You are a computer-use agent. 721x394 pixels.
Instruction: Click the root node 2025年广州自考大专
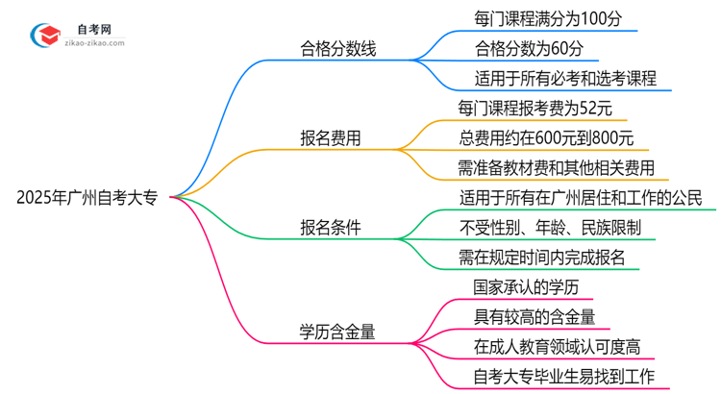92,197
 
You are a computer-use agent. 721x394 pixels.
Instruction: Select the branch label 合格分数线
336,47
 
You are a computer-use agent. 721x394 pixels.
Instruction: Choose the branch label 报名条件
332,227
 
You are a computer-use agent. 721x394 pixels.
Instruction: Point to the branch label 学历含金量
336,332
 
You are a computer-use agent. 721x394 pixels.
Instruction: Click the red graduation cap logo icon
43,35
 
